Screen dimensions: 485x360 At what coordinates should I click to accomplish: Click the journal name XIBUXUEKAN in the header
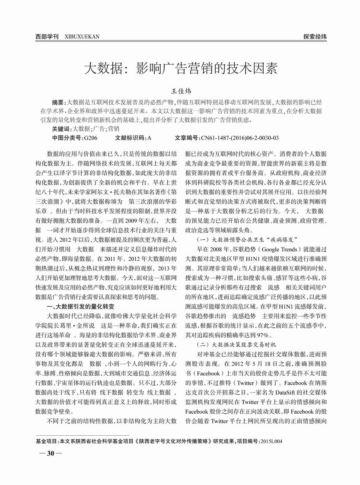coord(82,37)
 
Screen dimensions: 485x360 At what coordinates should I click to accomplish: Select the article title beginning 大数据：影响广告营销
coord(180,69)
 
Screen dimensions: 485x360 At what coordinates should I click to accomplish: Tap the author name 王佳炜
coord(180,92)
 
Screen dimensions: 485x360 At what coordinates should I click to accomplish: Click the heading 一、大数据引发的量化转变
coord(80,306)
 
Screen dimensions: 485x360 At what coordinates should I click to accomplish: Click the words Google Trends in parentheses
coord(283,250)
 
